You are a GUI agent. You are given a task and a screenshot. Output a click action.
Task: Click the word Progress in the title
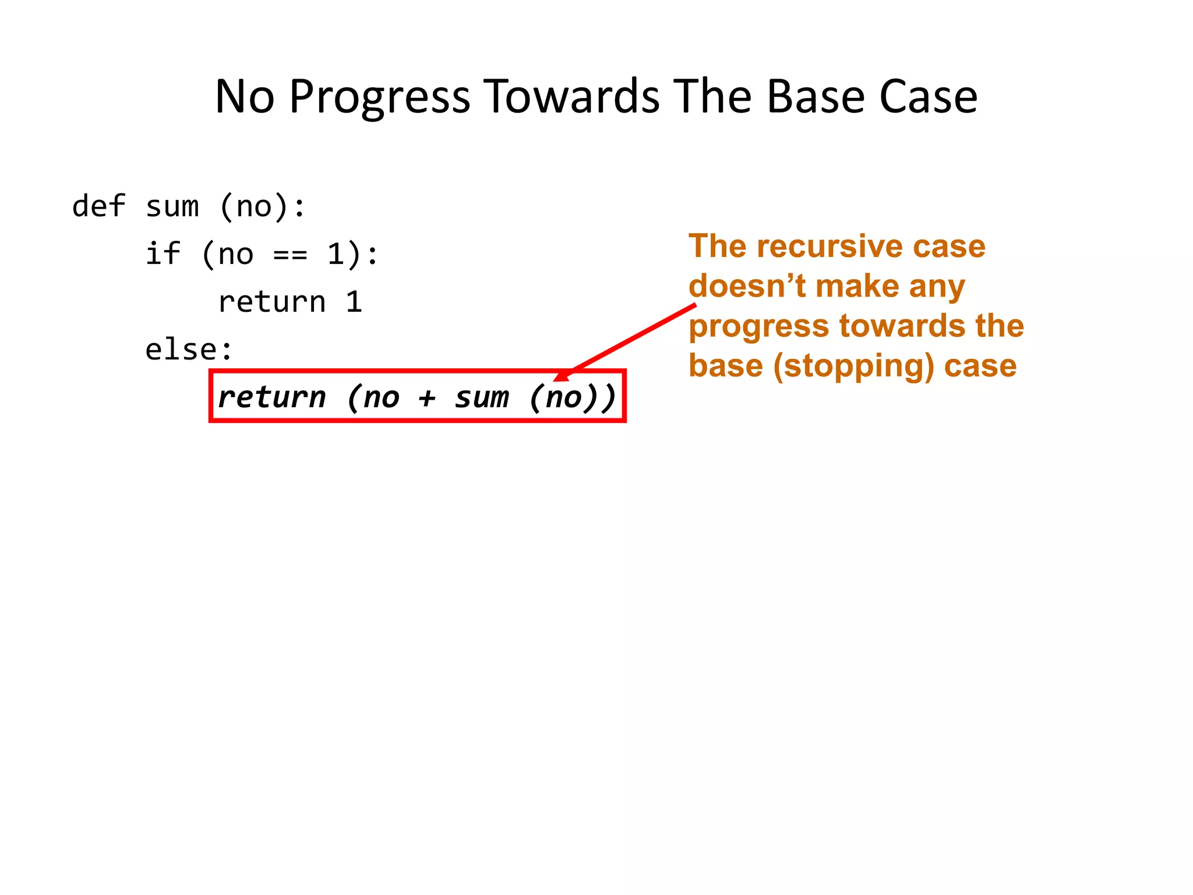click(x=379, y=97)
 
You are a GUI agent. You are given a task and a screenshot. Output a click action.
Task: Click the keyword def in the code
click(x=98, y=206)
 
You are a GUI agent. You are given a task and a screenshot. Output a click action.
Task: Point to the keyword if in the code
click(x=163, y=254)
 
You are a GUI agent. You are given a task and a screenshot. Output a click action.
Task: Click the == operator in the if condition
click(x=290, y=255)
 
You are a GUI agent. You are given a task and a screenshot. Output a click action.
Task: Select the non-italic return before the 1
click(x=271, y=302)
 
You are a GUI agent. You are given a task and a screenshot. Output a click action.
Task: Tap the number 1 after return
click(x=354, y=302)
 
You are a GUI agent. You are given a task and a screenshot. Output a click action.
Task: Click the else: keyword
click(x=189, y=350)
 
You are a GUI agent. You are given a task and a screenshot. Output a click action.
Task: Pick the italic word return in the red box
click(x=271, y=397)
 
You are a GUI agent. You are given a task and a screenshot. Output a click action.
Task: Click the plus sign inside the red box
click(x=427, y=397)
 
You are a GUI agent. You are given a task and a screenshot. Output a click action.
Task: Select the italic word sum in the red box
click(x=481, y=397)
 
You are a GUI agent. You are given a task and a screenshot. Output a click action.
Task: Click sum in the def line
click(x=172, y=206)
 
